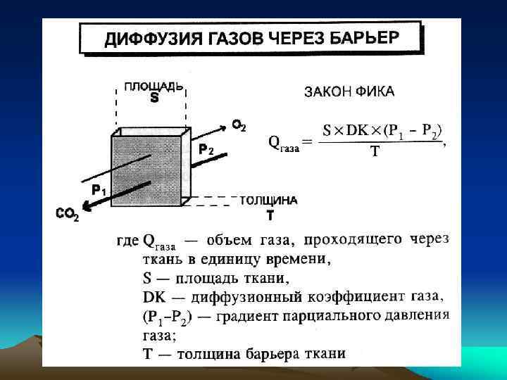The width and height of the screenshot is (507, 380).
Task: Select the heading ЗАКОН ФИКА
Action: click(x=349, y=91)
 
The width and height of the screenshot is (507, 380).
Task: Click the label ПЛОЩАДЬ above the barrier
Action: click(x=154, y=87)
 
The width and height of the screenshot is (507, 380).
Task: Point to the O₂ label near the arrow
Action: click(x=239, y=126)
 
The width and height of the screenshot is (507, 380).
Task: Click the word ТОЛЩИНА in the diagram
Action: click(x=269, y=201)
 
